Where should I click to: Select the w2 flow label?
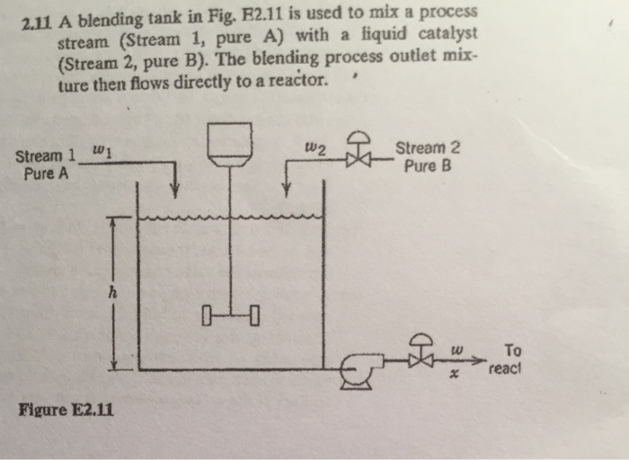(314, 149)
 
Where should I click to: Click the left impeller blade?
(208, 314)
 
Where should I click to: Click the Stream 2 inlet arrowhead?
(286, 190)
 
